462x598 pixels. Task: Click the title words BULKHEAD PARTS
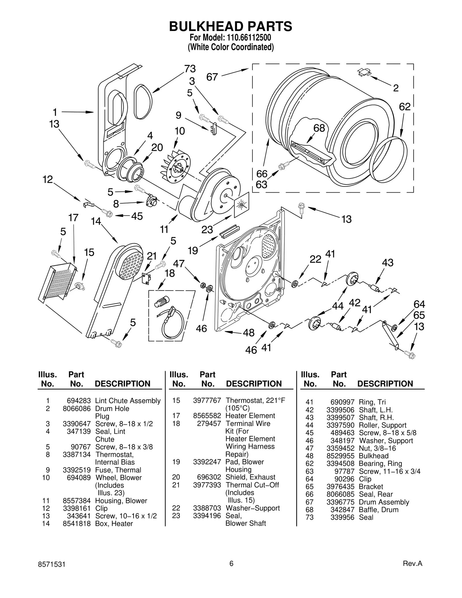pyautogui.click(x=230, y=26)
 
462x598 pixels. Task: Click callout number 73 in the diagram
pyautogui.click(x=190, y=69)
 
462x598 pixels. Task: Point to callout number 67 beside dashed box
pyautogui.click(x=212, y=77)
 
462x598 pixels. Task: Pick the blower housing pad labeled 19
pyautogui.click(x=229, y=231)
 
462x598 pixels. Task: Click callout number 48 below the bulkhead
pyautogui.click(x=249, y=333)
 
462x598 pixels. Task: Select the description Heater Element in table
pyautogui.click(x=250, y=416)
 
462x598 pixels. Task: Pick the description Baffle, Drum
pyautogui.click(x=378, y=510)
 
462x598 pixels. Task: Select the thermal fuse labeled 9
pyautogui.click(x=214, y=128)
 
